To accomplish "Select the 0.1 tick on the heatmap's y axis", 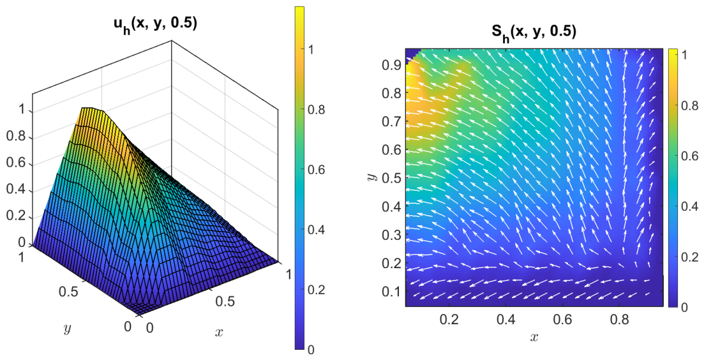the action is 391,291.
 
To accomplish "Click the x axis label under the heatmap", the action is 534,336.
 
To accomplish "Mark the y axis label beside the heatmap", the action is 371,177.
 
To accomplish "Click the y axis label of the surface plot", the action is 68,329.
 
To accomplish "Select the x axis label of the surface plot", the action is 219,332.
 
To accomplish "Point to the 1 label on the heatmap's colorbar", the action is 680,54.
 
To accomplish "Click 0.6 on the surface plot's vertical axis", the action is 17,165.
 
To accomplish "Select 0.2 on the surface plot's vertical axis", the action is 17,217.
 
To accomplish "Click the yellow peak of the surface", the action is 92,110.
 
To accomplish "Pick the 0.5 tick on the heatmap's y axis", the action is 391,177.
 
